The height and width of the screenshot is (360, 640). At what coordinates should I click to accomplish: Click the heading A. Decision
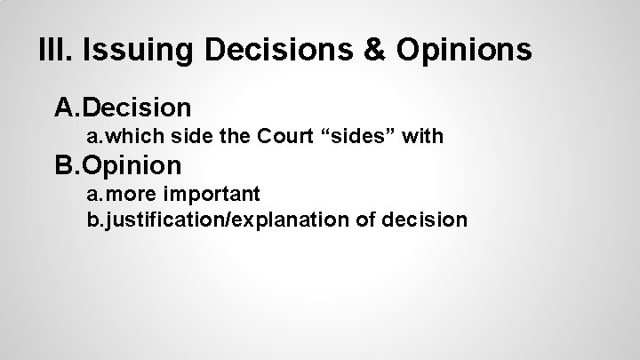click(x=123, y=108)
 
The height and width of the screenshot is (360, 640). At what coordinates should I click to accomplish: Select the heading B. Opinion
click(x=118, y=164)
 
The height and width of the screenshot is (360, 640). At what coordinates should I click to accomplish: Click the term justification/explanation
click(x=236, y=219)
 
